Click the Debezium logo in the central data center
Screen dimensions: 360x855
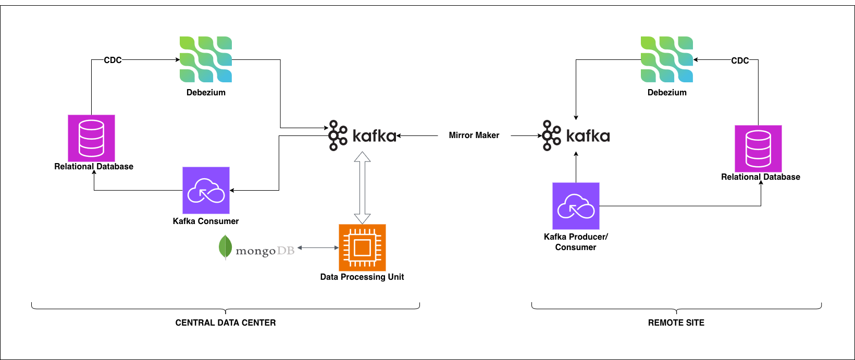coord(206,59)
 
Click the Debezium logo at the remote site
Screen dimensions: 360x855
coord(667,59)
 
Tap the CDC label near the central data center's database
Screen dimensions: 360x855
coord(113,60)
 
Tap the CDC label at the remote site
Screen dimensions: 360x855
coord(740,60)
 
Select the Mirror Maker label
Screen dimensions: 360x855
coord(474,135)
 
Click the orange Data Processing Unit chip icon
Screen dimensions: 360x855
coord(362,247)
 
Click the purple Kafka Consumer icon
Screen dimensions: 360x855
coord(206,190)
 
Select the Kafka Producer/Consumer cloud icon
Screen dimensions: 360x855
coord(576,206)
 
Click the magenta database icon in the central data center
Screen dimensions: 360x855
coord(91,138)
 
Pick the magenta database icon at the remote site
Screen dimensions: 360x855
coord(758,148)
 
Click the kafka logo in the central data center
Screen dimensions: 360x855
coord(362,136)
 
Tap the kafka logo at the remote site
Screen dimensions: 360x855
coord(576,136)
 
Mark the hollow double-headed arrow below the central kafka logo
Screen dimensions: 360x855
coord(362,188)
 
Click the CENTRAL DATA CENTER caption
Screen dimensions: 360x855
coord(226,323)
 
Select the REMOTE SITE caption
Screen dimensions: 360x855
coord(676,323)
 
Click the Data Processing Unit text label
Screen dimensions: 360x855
coord(362,277)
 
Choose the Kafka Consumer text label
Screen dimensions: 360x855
coord(206,221)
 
